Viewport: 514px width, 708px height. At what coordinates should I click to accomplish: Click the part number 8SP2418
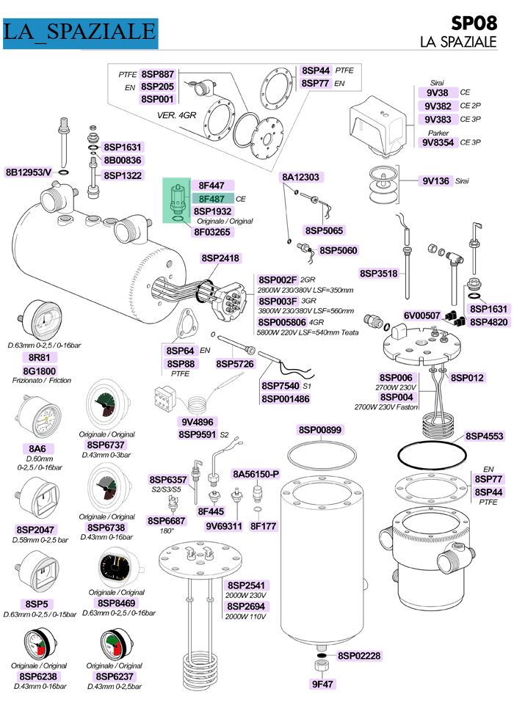tap(220, 258)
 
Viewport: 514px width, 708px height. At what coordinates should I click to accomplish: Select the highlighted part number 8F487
tap(211, 198)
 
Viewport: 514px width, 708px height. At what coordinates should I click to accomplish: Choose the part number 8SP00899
tap(320, 430)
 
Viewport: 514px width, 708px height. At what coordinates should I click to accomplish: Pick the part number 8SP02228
tap(359, 656)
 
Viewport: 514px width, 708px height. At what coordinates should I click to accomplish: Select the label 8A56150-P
tap(256, 475)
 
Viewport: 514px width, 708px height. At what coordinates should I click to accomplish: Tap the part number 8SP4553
tap(484, 437)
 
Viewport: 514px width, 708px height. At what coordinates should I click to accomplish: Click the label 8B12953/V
tap(29, 172)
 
